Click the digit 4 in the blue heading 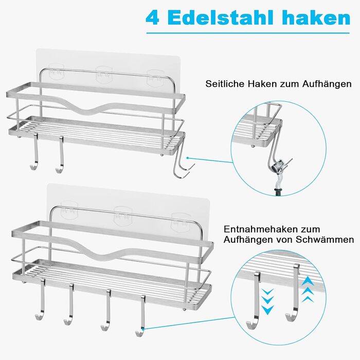tap(152, 18)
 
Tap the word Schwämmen tap(325, 240)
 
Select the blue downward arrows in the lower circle tap(268, 301)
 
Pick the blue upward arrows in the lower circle tap(308, 290)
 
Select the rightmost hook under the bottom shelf tap(141, 317)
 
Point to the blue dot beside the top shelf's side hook tap(188, 158)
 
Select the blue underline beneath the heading tap(248, 33)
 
